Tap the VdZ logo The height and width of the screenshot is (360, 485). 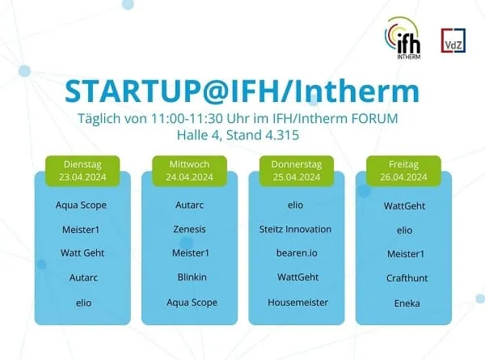[453, 41]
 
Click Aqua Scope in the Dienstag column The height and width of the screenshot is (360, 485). [82, 205]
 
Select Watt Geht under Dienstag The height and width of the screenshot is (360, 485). [82, 253]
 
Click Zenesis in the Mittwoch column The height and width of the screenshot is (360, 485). [189, 229]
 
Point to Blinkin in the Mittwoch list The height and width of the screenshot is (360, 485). [189, 277]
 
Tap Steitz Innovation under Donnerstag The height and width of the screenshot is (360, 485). [295, 229]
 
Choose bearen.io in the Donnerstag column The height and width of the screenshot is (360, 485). [295, 253]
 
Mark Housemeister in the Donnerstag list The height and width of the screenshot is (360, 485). [295, 302]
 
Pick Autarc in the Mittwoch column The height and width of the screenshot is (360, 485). [189, 205]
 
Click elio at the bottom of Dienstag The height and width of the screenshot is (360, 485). [82, 302]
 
